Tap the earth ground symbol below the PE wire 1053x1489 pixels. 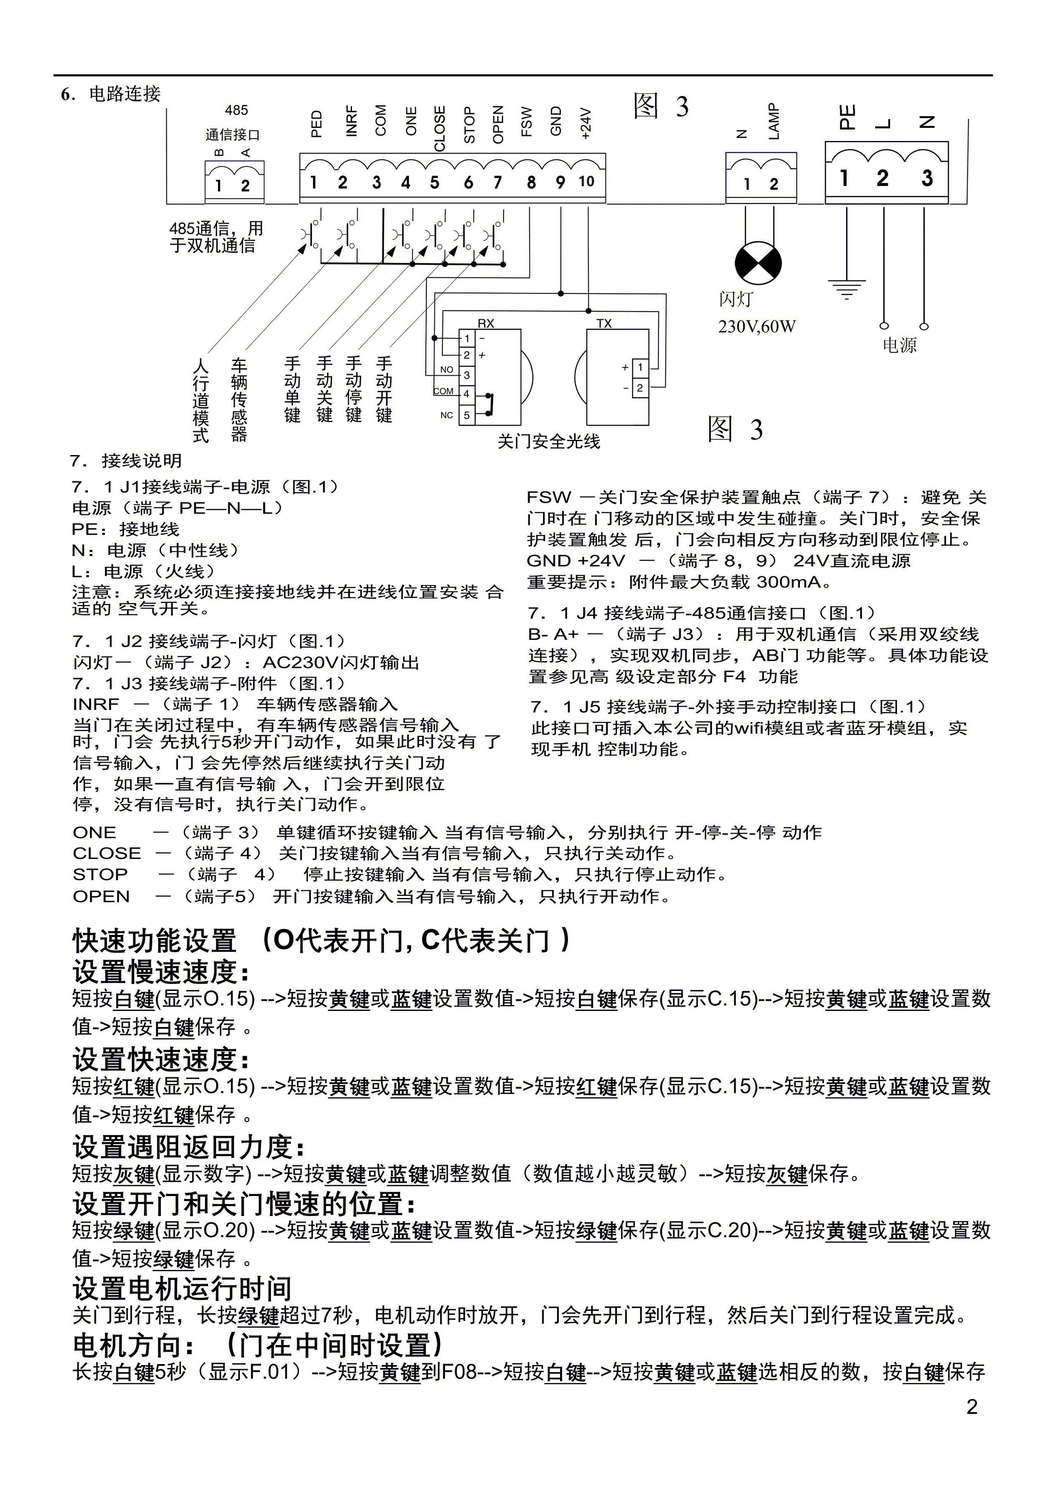pos(847,289)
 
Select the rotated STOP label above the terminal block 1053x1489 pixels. pos(469,125)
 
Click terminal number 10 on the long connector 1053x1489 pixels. pos(586,182)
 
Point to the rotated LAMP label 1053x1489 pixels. pos(774,121)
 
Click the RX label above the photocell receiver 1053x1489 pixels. pos(486,324)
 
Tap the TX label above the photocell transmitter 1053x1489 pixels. pos(604,324)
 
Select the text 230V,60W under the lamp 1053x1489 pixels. pos(757,326)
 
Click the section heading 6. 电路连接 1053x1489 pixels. pos(111,94)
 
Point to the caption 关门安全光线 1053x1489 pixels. pos(549,442)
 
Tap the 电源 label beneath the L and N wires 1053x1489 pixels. pos(899,345)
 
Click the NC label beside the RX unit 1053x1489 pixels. pos(447,415)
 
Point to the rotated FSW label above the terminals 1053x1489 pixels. pos(526,122)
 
